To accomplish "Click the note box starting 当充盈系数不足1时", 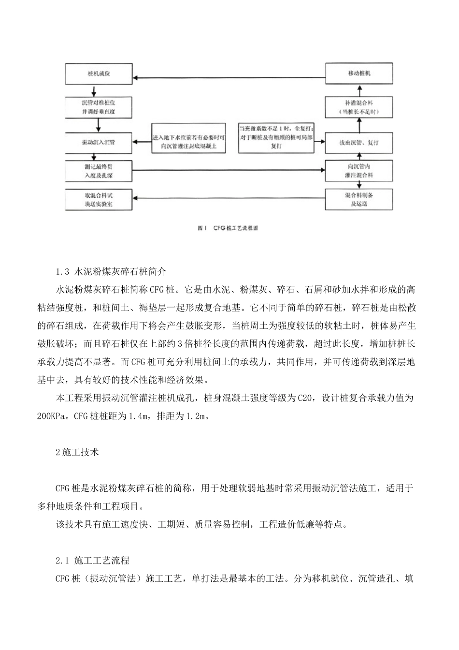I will tap(277, 137).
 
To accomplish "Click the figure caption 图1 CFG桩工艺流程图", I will tap(228, 228).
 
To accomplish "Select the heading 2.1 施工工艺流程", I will tap(92, 561).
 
